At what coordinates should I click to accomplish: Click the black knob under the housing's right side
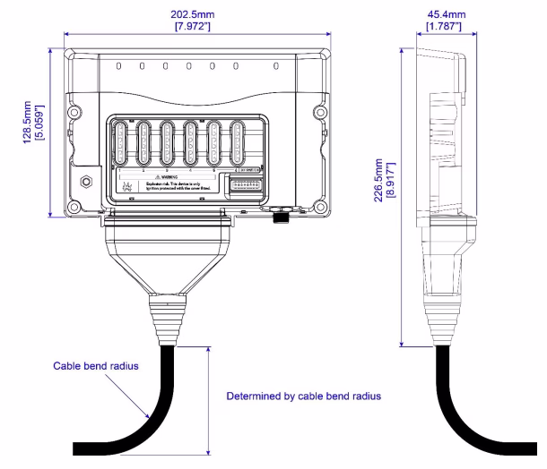(279, 217)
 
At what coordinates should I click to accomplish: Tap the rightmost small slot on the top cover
(276, 65)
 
